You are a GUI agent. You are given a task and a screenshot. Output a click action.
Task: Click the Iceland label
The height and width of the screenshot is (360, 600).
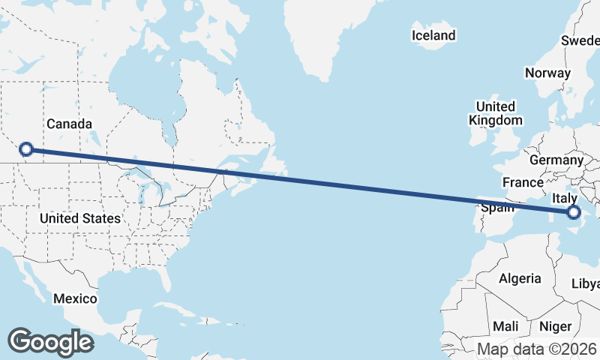433,35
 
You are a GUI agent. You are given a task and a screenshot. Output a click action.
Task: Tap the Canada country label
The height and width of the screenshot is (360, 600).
69,124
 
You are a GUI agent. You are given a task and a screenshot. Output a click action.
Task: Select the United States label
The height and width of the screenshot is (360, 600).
80,218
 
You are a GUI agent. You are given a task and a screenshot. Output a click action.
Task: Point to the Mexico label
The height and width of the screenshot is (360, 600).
75,298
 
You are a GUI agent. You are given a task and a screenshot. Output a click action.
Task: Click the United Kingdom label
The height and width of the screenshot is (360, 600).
495,113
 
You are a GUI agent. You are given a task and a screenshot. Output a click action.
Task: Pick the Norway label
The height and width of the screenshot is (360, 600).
548,73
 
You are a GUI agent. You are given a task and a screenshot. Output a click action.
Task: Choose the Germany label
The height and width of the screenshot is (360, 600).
556,160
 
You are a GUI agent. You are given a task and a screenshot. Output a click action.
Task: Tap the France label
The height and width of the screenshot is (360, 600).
523,182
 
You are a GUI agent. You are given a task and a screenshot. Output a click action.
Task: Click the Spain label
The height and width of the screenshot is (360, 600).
497,208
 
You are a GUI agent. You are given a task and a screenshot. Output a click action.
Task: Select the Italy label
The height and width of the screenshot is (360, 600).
564,198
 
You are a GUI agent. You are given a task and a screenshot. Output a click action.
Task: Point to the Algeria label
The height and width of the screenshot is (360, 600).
520,278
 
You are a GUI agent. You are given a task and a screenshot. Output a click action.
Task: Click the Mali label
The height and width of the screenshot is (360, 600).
505,326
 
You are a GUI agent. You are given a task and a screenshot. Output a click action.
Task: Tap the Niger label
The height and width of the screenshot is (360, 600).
555,326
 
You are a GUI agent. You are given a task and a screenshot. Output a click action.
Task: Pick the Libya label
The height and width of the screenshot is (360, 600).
586,283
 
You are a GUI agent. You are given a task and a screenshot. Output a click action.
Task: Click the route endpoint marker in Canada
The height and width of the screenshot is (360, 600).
26,149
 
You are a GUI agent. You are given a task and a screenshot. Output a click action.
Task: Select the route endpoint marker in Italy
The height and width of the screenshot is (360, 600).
574,212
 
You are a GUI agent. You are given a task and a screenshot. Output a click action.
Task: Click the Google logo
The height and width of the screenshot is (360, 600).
51,341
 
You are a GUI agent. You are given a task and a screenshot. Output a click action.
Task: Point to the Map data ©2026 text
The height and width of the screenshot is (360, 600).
538,349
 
